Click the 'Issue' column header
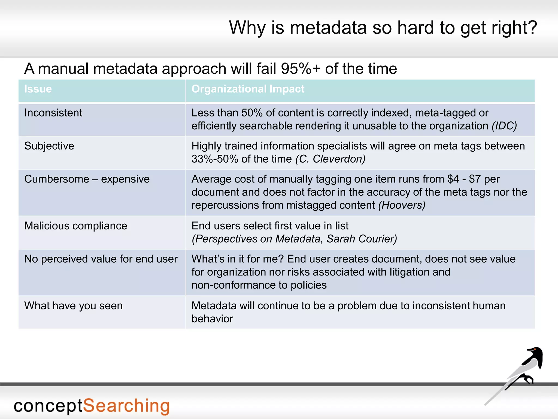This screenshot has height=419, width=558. click(38, 89)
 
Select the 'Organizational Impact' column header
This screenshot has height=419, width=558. click(248, 89)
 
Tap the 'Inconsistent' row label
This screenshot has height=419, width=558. click(53, 113)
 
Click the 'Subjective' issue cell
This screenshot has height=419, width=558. click(49, 146)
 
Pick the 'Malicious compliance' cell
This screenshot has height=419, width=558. click(75, 226)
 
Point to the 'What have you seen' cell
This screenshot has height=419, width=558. click(73, 306)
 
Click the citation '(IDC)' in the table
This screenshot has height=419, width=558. click(504, 126)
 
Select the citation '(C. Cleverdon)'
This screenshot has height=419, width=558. click(330, 159)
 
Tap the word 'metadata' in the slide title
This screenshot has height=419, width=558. click(328, 28)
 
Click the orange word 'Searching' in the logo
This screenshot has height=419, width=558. click(126, 406)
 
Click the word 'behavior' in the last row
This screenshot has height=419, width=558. click(212, 319)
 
